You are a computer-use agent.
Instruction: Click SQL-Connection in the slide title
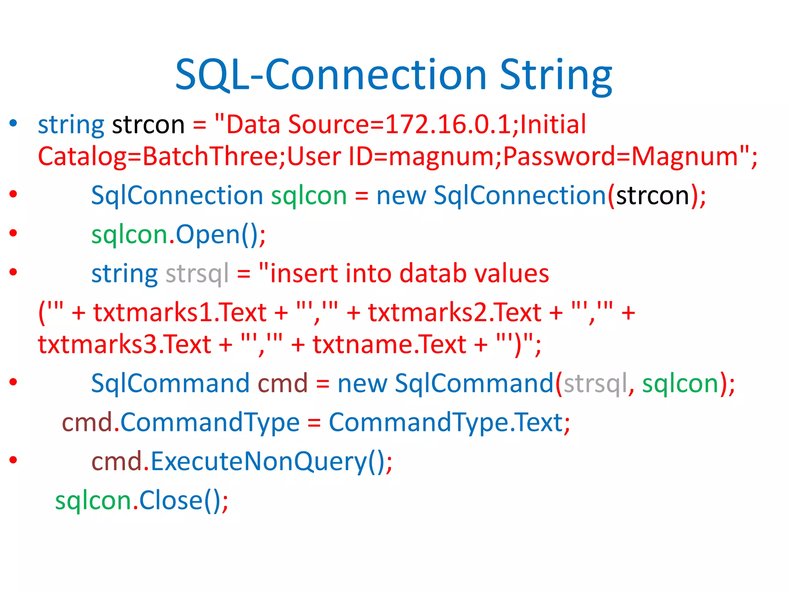pos(331,75)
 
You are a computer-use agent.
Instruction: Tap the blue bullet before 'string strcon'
pos(13,123)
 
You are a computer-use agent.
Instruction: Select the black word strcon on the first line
pos(148,125)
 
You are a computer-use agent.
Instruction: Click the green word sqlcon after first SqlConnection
pos(309,196)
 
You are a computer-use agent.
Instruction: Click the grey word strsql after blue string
pos(197,274)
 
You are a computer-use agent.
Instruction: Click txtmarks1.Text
pos(180,312)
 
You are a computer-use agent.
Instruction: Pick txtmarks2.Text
pos(455,312)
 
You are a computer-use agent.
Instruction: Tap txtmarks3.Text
pos(124,344)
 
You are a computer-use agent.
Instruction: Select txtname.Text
pos(389,344)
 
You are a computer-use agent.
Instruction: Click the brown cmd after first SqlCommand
pos(282,384)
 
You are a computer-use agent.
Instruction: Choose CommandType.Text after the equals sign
pos(446,423)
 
